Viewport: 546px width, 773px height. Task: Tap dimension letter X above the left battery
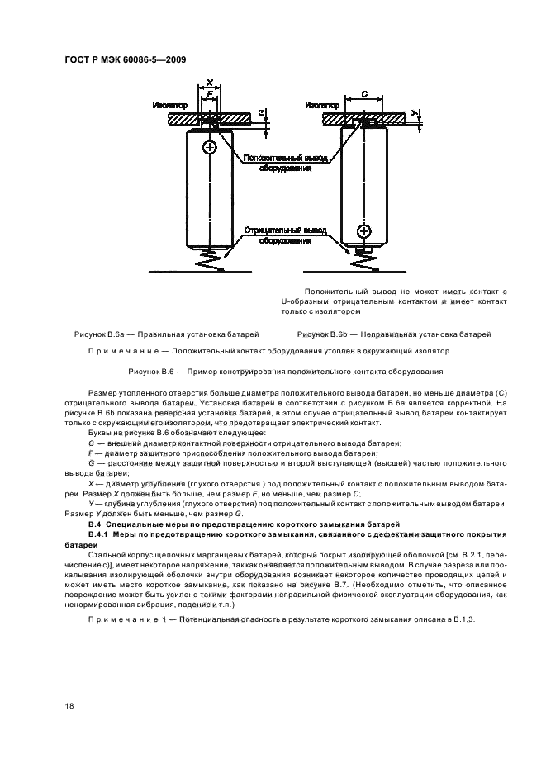coord(210,83)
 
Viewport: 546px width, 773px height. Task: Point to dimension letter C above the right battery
coord(364,96)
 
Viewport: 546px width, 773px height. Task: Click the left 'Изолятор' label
coord(170,106)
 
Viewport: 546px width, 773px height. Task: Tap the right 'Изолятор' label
coord(321,106)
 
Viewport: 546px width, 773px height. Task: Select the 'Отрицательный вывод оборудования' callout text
coord(284,235)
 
